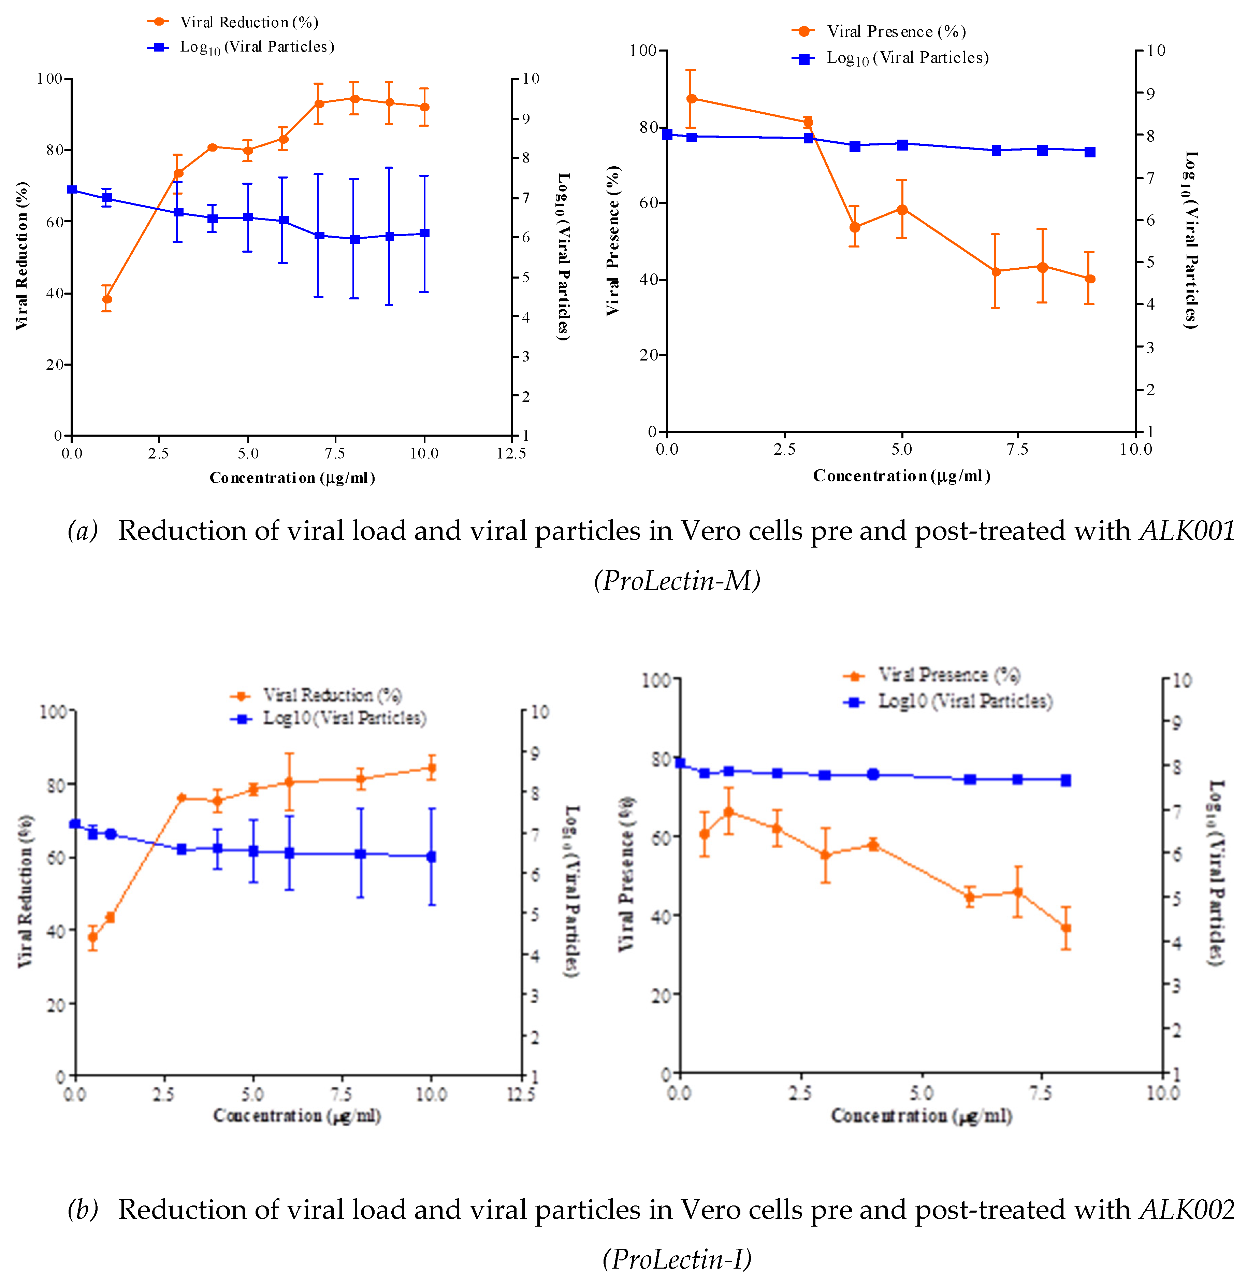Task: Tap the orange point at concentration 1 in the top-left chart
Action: point(107,299)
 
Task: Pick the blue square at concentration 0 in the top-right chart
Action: point(667,135)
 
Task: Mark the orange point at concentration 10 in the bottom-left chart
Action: point(431,768)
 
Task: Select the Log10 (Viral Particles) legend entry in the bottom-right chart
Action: point(965,702)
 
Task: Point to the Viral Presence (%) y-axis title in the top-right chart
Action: point(613,241)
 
